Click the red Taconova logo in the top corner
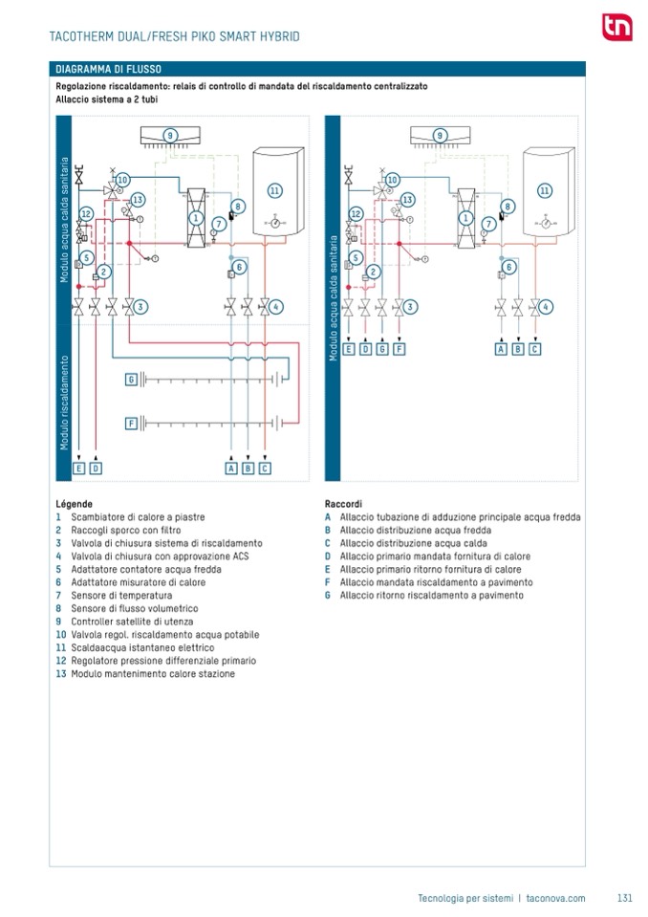(x=616, y=28)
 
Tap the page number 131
(x=625, y=898)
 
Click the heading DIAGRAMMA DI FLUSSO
(x=108, y=69)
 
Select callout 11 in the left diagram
(x=274, y=190)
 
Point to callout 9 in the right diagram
(x=440, y=135)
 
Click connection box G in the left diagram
(x=132, y=380)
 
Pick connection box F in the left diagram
(x=132, y=422)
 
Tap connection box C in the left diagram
(x=265, y=468)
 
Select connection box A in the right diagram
(x=501, y=349)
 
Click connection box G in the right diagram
(x=382, y=349)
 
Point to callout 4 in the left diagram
(x=275, y=307)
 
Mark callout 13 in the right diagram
(x=408, y=200)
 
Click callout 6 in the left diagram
(x=240, y=267)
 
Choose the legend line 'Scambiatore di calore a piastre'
(x=131, y=517)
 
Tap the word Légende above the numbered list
(x=74, y=503)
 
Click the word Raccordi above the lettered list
(x=343, y=503)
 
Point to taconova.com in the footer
(x=555, y=898)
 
